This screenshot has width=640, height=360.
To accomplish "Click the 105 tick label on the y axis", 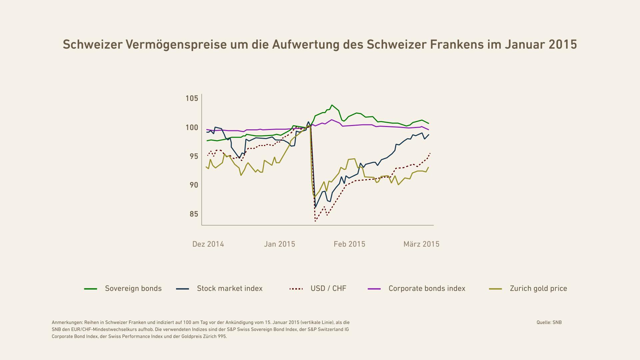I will pyautogui.click(x=192, y=98).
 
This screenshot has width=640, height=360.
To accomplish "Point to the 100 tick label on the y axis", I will pyautogui.click(x=192, y=128).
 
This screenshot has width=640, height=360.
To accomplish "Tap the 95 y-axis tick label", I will pyautogui.click(x=194, y=156).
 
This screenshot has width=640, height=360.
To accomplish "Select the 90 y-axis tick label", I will pyautogui.click(x=194, y=185).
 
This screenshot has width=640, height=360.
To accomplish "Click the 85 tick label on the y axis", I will pyautogui.click(x=194, y=214).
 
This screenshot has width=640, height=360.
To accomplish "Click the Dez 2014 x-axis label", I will pyautogui.click(x=208, y=244).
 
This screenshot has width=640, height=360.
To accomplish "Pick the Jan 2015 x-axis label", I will pyautogui.click(x=279, y=244).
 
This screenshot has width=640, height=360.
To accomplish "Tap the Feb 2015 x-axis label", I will pyautogui.click(x=349, y=244).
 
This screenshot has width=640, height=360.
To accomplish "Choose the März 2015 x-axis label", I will pyautogui.click(x=421, y=244).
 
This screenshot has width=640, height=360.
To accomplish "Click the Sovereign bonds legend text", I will pyautogui.click(x=133, y=289).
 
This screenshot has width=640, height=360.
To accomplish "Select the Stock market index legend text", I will pyautogui.click(x=230, y=289).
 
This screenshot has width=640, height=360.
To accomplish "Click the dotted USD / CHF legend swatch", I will pyautogui.click(x=296, y=289).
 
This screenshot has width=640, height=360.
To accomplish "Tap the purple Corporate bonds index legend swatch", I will pyautogui.click(x=374, y=289).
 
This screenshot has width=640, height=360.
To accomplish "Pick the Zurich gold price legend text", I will pyautogui.click(x=538, y=289).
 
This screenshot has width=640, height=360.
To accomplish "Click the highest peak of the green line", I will pyautogui.click(x=332, y=105).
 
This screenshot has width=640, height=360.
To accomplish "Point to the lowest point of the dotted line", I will pyautogui.click(x=315, y=221).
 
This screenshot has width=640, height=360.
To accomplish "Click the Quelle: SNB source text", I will pyautogui.click(x=549, y=322).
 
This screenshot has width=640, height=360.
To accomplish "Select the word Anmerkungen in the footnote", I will pyautogui.click(x=67, y=323).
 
